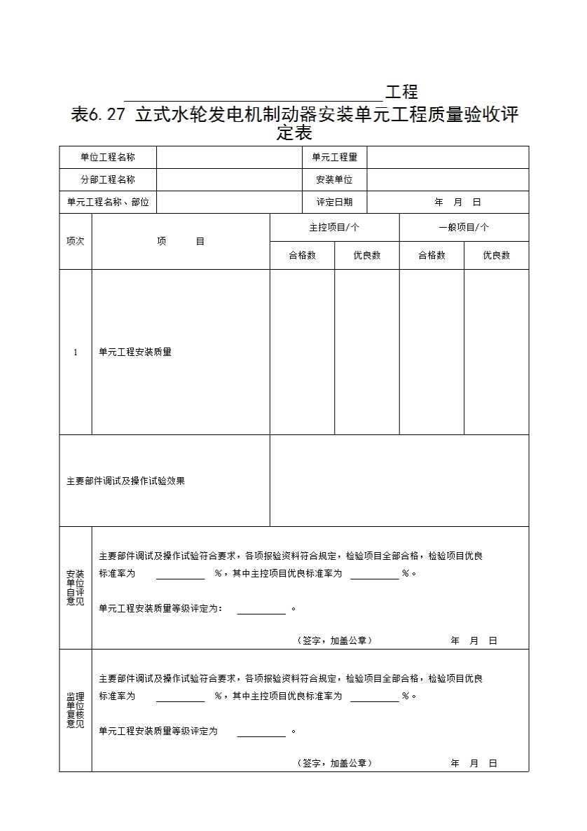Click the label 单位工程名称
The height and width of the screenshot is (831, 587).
(107, 158)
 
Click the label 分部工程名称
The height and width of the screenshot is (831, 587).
(107, 180)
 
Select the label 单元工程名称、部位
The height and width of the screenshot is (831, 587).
(108, 202)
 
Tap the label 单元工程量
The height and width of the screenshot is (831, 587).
(334, 158)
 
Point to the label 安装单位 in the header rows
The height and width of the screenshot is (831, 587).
(334, 180)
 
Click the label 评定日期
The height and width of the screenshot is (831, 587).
(334, 202)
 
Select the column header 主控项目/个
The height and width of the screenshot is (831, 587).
(334, 228)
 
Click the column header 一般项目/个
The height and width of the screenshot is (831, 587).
(464, 228)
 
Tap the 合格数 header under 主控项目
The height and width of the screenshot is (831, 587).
(302, 256)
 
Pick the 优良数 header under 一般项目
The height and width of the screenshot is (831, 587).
(496, 256)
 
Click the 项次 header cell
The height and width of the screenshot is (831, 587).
(75, 241)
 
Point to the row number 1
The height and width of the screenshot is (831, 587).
(76, 352)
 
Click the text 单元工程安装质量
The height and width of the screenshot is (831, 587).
(135, 352)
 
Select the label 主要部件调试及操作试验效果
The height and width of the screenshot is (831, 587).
(125, 481)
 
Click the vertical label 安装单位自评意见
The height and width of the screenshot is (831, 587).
(75, 588)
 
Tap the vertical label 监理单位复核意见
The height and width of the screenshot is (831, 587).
(75, 710)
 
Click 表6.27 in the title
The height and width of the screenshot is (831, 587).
(97, 115)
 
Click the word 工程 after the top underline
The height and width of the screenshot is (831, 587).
(401, 92)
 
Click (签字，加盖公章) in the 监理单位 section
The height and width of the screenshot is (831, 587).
(334, 763)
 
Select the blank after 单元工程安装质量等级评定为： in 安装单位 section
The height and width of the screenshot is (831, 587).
(261, 609)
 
